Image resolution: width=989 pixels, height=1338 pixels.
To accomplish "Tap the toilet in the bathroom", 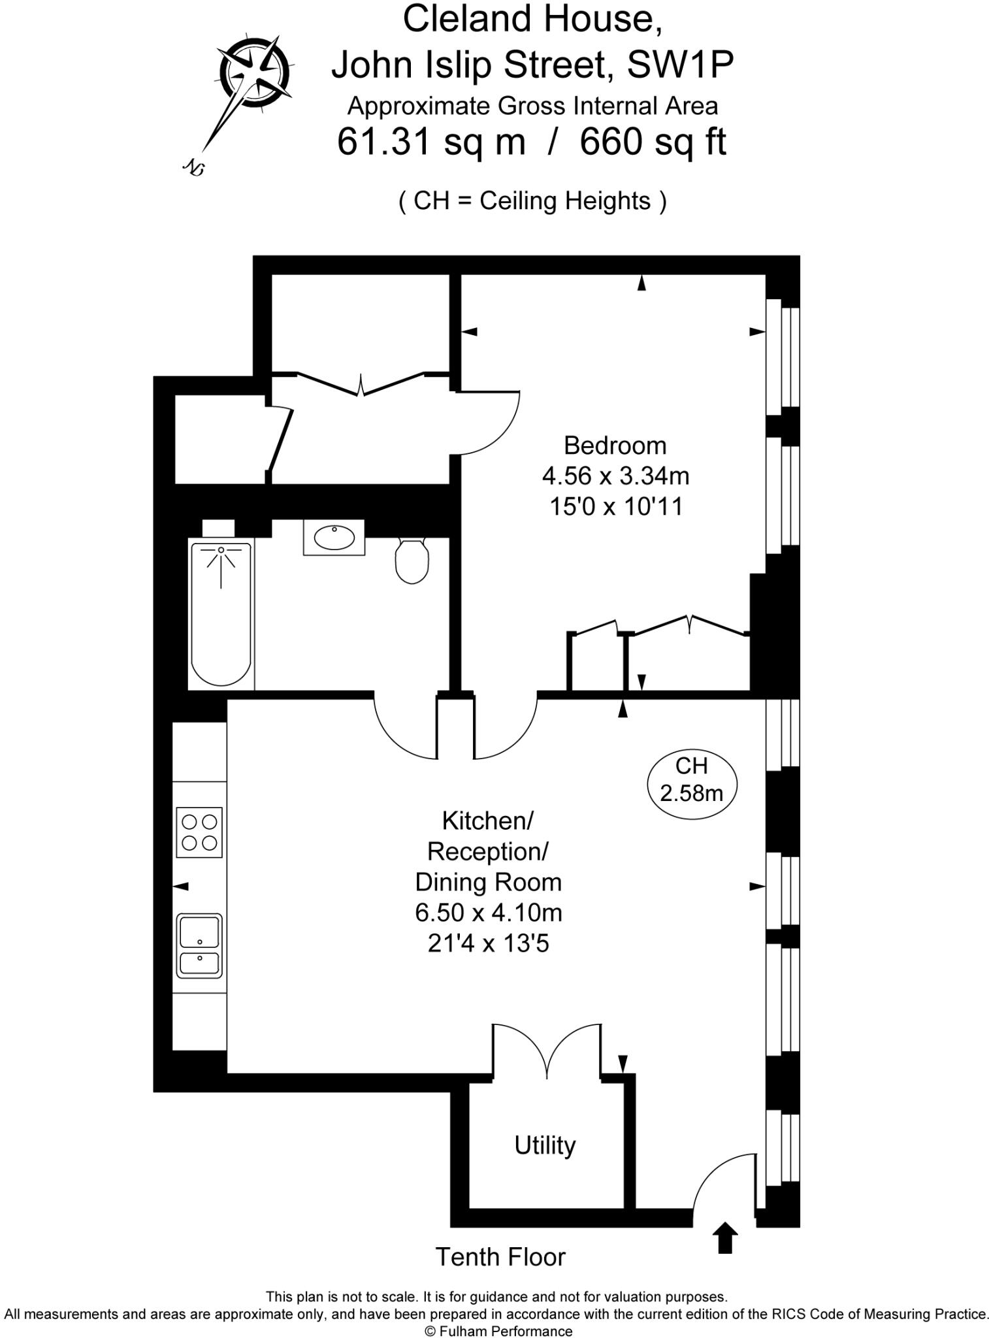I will click(x=412, y=561).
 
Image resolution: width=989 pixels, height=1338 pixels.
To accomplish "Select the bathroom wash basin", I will click(x=334, y=537).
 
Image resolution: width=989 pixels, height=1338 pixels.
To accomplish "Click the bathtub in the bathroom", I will click(x=221, y=614).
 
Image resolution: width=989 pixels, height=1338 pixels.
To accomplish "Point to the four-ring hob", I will click(x=199, y=832).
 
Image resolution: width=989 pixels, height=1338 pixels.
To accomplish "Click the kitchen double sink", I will click(x=199, y=945).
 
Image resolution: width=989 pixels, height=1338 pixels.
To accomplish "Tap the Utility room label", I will click(x=545, y=1145).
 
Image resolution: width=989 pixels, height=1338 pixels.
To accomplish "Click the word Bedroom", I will click(x=615, y=446).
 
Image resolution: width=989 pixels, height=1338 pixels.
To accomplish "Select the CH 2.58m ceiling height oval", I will click(x=691, y=780).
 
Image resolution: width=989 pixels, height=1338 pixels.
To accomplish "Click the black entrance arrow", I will click(x=724, y=1238).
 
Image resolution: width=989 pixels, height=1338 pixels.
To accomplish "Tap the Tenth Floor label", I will click(x=500, y=1256).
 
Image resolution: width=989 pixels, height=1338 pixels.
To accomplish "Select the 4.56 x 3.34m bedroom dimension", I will click(x=615, y=476).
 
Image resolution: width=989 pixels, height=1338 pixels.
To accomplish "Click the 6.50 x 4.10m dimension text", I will click(x=488, y=913).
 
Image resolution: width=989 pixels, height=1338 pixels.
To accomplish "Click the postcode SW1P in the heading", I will click(x=680, y=65).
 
